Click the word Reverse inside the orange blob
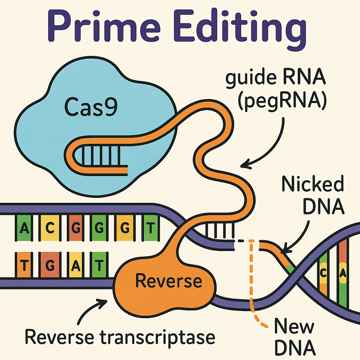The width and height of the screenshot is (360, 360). click(x=169, y=281)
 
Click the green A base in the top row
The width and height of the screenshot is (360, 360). click(x=24, y=229)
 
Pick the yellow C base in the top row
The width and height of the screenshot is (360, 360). click(x=50, y=229)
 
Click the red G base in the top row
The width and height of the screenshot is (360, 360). click(x=75, y=229)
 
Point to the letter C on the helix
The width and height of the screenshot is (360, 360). click(x=323, y=272)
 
